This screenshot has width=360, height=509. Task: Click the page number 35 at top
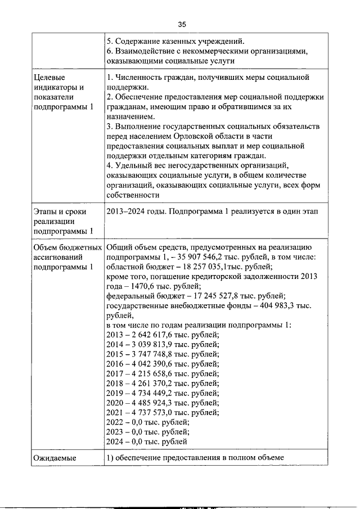click(182, 24)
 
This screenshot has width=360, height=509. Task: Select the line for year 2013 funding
click(163, 335)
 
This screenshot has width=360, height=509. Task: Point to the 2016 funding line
click(163, 364)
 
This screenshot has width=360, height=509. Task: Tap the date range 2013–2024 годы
click(138, 211)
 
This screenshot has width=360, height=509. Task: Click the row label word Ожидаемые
click(54, 458)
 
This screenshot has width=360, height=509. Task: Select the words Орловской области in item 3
click(217, 136)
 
